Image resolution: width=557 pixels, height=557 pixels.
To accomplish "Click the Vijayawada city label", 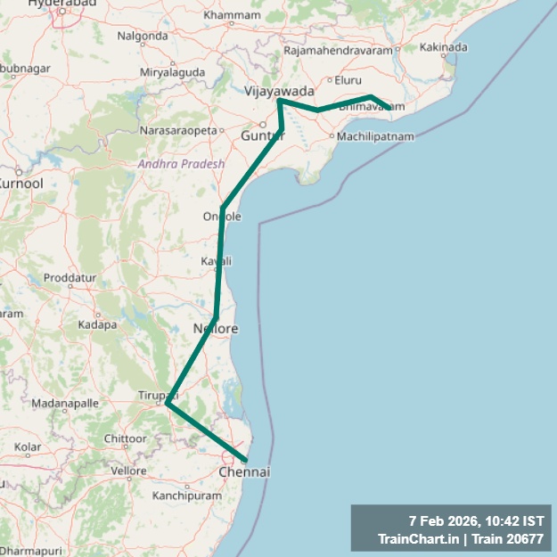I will point(280,91).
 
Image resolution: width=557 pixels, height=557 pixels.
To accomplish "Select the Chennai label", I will point(243,471).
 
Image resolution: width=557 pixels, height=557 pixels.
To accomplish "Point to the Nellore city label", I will point(216,329).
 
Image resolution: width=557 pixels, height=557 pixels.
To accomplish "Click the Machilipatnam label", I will point(375,136).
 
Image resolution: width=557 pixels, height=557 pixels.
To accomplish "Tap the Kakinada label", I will point(443,46).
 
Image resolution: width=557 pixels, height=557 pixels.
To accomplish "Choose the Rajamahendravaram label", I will point(338,50).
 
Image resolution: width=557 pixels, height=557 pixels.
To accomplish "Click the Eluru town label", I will point(348,80).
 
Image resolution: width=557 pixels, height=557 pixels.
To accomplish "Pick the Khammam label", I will point(232,15).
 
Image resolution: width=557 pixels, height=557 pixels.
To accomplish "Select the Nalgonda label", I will point(143,37).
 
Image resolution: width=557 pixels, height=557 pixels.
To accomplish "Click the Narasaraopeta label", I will point(178,130).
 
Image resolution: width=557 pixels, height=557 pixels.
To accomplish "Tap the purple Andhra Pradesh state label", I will point(181,164).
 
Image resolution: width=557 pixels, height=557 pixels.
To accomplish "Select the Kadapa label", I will point(98,324).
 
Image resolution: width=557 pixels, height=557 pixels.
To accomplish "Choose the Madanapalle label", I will point(60,404).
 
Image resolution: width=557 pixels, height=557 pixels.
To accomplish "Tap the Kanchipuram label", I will point(186,495).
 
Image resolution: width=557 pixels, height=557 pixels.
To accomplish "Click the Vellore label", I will point(128,471).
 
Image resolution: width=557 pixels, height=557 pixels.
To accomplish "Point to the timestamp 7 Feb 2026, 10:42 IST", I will point(476,520).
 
